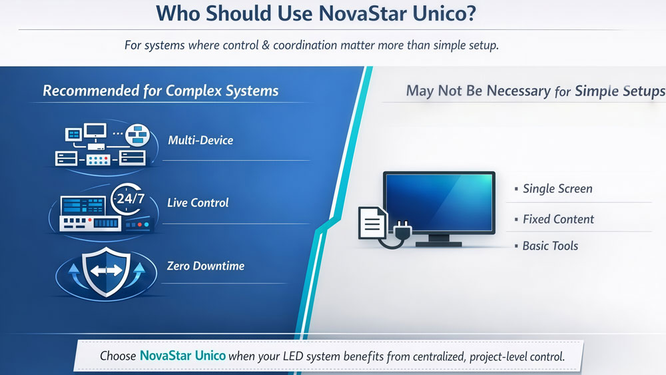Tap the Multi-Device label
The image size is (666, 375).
pyautogui.click(x=200, y=140)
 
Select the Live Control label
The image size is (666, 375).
pyautogui.click(x=198, y=202)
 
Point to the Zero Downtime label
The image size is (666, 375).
pyautogui.click(x=205, y=266)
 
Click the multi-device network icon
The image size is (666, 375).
pyautogui.click(x=100, y=145)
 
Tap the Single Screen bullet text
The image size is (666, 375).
pyautogui.click(x=557, y=189)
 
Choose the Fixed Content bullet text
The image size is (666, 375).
pyautogui.click(x=558, y=219)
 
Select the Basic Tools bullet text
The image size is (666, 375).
pyautogui.click(x=550, y=246)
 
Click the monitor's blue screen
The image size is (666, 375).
pyautogui.click(x=439, y=201)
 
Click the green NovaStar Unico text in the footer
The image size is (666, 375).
pyautogui.click(x=182, y=356)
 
